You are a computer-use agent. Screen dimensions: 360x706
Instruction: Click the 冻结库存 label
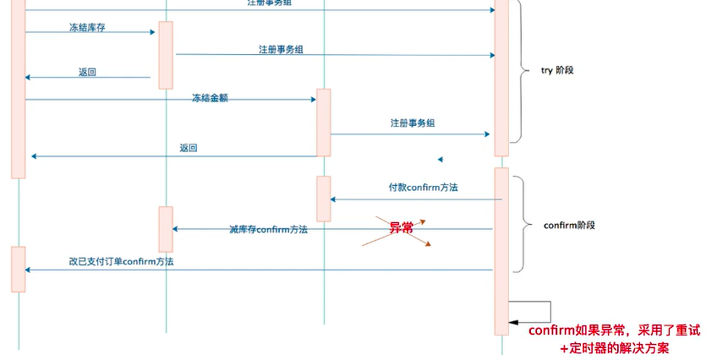[x=87, y=28]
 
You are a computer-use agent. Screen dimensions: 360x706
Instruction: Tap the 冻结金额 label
[x=210, y=98]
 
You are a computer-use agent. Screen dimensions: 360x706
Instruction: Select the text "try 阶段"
[x=557, y=71]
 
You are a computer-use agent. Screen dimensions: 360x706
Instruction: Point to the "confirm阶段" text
[x=569, y=226]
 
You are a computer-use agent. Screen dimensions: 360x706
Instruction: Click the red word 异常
[x=401, y=228]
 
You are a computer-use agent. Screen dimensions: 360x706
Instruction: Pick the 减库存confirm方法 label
[x=268, y=229]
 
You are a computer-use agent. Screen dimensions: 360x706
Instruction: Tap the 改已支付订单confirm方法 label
[x=122, y=262]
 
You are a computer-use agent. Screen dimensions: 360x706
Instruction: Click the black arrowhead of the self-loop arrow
[x=512, y=322]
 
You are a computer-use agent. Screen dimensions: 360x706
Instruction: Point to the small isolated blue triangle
[x=440, y=159]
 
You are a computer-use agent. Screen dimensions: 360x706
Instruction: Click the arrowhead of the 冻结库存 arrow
[x=152, y=32]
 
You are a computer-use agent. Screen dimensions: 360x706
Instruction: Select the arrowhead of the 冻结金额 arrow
[x=312, y=100]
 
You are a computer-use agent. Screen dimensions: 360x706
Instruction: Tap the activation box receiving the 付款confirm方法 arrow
[x=324, y=199]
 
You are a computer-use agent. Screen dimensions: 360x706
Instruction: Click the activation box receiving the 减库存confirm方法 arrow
[x=166, y=228]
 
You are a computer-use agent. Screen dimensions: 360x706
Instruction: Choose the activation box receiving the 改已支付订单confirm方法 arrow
[x=18, y=269]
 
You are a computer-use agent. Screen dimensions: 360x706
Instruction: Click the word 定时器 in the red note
[x=591, y=348]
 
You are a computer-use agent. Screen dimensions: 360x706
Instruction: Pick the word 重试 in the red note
[x=674, y=330]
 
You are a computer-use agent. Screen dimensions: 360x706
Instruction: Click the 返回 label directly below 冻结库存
[x=87, y=73]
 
